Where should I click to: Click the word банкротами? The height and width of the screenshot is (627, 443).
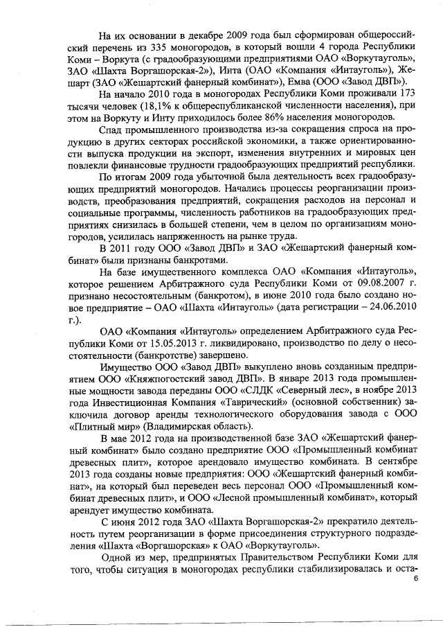coord(178,260)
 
